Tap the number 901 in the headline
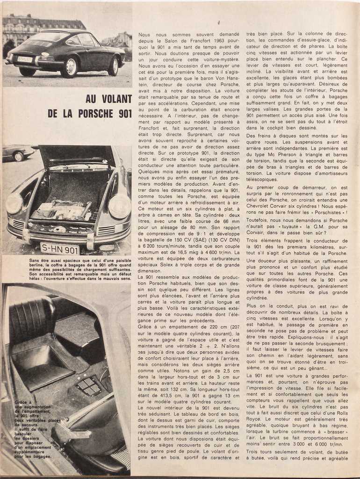click(123, 114)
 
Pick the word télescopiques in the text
click(262, 179)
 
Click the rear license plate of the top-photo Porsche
click(25, 59)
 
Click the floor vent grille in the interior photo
click(89, 386)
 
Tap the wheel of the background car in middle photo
click(18, 157)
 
